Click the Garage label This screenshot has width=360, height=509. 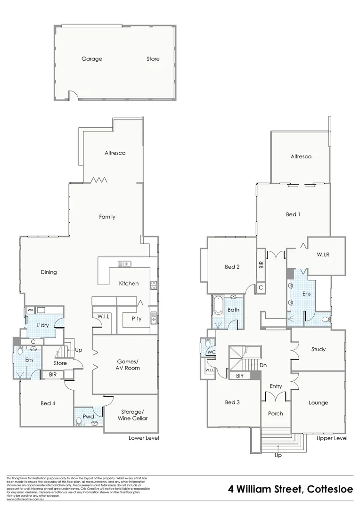pyautogui.click(x=91, y=59)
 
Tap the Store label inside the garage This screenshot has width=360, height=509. pyautogui.click(x=153, y=59)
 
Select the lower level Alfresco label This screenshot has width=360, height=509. pyautogui.click(x=115, y=153)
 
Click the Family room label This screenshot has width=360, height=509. pyautogui.click(x=107, y=217)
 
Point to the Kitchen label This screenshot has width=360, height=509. pyautogui.click(x=129, y=283)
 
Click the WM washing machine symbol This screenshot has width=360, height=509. pyautogui.click(x=30, y=310)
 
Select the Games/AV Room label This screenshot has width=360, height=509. pyautogui.click(x=128, y=365)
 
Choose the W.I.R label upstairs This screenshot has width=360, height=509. pyautogui.click(x=323, y=254)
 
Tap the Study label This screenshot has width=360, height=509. pyautogui.click(x=319, y=349)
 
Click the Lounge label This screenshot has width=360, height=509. pyautogui.click(x=319, y=402)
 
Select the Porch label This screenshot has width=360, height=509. pyautogui.click(x=276, y=413)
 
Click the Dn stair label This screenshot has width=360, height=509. pyautogui.click(x=263, y=365)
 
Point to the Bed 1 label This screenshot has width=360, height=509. pyautogui.click(x=293, y=214)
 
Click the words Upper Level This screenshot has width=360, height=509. pyautogui.click(x=332, y=438)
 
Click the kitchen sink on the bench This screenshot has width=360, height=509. pyautogui.click(x=125, y=263)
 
